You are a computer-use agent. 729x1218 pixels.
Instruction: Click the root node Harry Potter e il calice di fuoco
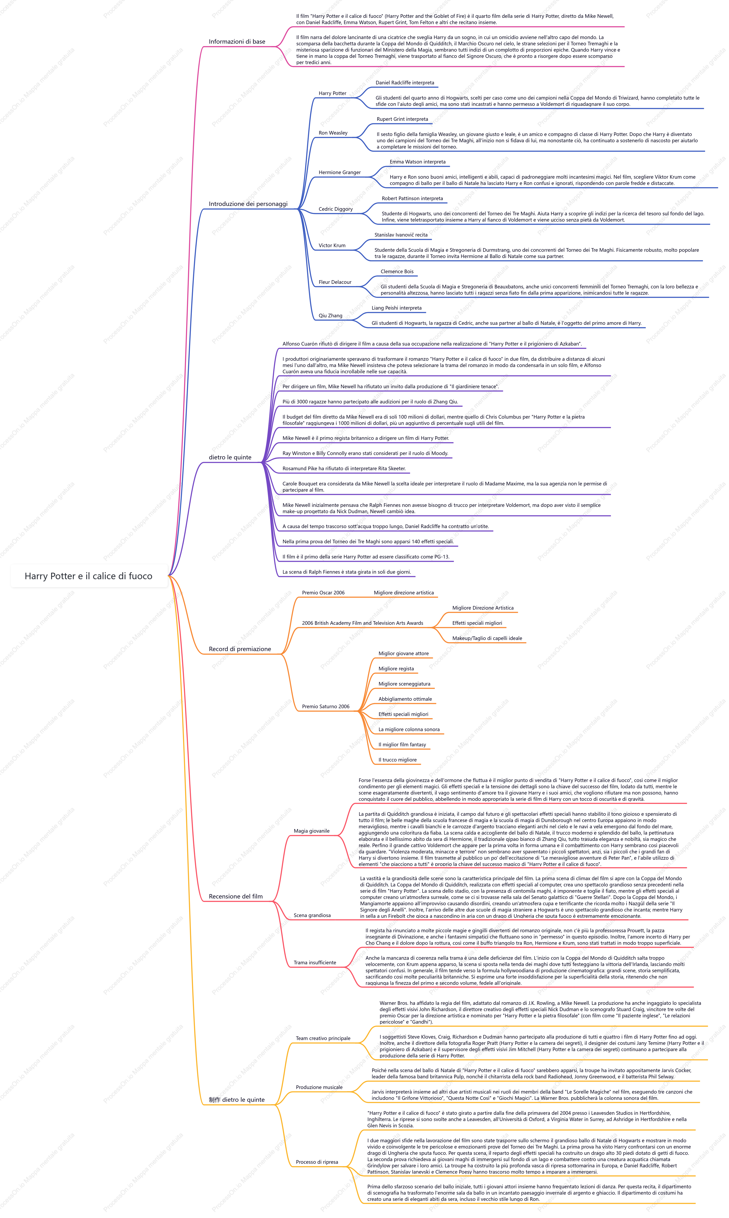click(x=89, y=576)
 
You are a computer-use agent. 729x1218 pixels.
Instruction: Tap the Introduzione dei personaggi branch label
click(x=248, y=204)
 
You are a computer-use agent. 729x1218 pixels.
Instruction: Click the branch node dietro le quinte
click(x=230, y=457)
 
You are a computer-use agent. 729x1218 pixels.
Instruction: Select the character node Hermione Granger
click(x=339, y=172)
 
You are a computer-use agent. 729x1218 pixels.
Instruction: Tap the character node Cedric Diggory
click(x=336, y=209)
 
